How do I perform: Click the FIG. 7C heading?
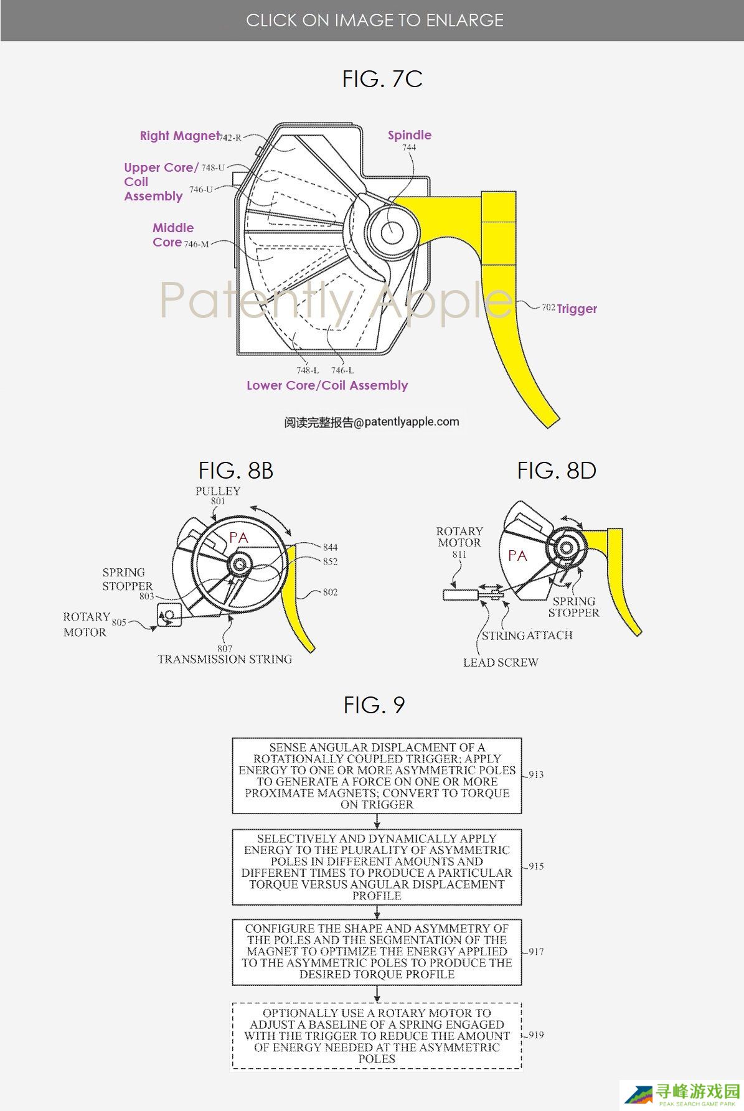pyautogui.click(x=382, y=79)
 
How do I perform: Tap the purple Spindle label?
pyautogui.click(x=410, y=135)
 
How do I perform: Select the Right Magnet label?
pyautogui.click(x=179, y=136)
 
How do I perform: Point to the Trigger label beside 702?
pyautogui.click(x=577, y=309)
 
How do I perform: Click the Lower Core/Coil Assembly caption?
pyautogui.click(x=327, y=385)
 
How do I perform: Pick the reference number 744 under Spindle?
pyautogui.click(x=409, y=148)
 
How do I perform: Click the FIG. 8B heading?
pyautogui.click(x=236, y=471)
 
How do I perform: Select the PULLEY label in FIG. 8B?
pyautogui.click(x=218, y=491)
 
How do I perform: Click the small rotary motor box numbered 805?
pyautogui.click(x=169, y=615)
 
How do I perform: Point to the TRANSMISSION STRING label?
pyautogui.click(x=225, y=659)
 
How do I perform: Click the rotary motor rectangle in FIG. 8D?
pyautogui.click(x=460, y=595)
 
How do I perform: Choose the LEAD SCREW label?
pyautogui.click(x=501, y=663)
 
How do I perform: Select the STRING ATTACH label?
pyautogui.click(x=527, y=635)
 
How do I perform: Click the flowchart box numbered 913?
pyautogui.click(x=377, y=776)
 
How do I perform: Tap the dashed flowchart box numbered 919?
pyautogui.click(x=377, y=1036)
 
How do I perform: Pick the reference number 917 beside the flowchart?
pyautogui.click(x=536, y=952)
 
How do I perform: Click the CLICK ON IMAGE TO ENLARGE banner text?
pyautogui.click(x=375, y=21)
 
